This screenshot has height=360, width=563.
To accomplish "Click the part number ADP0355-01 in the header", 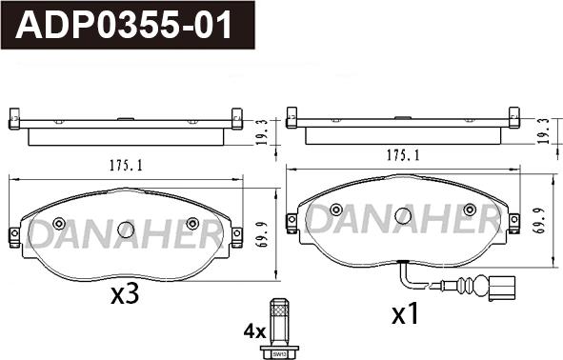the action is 124,25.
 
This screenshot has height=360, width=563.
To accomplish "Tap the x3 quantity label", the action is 124,294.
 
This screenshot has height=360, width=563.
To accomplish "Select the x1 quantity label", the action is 405,313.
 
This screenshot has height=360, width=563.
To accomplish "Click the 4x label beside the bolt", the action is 254,332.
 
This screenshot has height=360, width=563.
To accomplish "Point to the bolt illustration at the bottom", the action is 279,328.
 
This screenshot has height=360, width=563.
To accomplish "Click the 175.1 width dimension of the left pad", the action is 126,166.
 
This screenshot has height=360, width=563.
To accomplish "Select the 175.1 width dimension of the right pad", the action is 403,155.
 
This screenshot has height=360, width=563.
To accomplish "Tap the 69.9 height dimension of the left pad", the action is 264,235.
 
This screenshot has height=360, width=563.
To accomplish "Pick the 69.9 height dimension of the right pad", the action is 540,221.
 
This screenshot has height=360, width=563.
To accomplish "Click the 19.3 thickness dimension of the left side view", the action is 263,132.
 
